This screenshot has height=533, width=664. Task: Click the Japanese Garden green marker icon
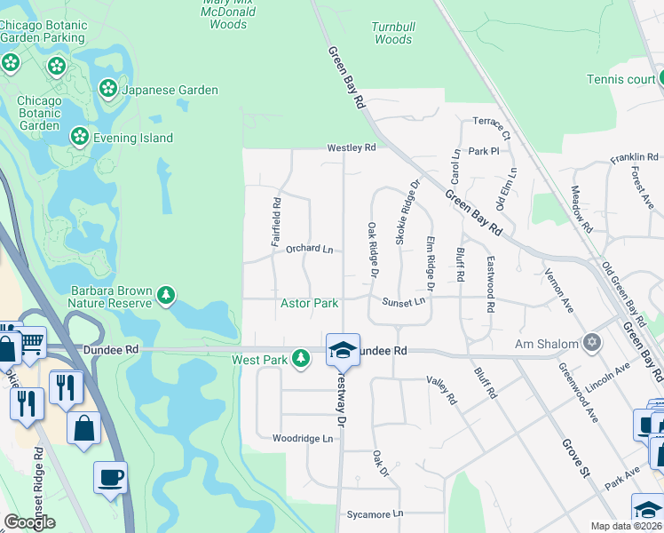(107, 89)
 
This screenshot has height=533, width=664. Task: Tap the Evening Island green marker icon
(79, 137)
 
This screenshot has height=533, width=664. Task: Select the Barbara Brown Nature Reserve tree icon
(165, 295)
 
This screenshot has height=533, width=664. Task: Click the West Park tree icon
(302, 358)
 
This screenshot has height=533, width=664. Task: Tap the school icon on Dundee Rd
(342, 350)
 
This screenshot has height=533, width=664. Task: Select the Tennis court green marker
(660, 79)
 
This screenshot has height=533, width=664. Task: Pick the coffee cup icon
(111, 478)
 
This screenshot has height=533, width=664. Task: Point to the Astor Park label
(309, 303)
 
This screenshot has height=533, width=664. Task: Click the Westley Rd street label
(352, 147)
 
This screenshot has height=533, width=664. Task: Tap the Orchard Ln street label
(309, 249)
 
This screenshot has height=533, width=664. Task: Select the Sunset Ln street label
(404, 302)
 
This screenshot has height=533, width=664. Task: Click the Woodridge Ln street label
(303, 439)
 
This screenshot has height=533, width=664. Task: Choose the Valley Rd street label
(440, 391)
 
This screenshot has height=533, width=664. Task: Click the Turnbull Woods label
(392, 33)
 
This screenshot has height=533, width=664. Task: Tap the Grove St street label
(574, 454)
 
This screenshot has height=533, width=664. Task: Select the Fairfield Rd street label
(276, 215)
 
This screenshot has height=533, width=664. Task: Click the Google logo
(30, 522)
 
